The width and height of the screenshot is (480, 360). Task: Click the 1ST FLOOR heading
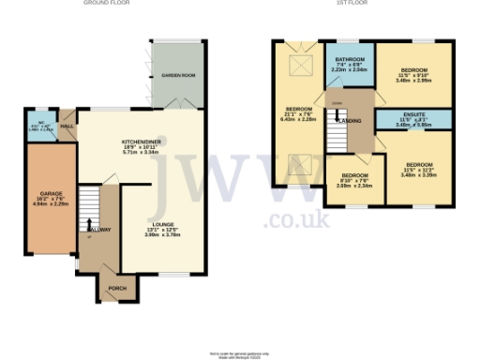point(353,4)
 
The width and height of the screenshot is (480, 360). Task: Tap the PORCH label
point(117,288)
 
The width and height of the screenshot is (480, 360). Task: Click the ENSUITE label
point(413,117)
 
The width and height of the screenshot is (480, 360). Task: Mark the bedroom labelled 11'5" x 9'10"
point(413,71)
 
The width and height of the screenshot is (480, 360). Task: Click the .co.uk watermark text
point(296,220)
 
